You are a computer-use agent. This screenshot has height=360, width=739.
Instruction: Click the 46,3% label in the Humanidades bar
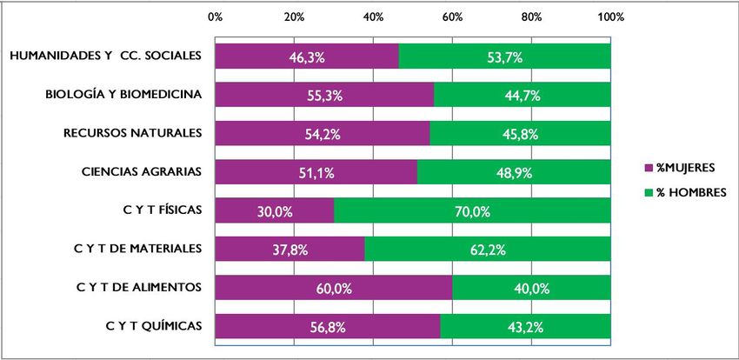point(306,57)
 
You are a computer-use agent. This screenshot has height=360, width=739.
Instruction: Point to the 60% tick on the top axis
point(452,17)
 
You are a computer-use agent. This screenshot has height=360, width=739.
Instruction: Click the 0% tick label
point(216,17)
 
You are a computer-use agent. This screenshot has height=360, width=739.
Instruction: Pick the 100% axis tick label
point(610,17)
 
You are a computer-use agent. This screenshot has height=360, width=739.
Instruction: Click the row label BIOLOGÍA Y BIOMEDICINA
point(124,94)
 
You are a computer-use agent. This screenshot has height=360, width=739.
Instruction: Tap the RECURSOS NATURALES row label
point(133,133)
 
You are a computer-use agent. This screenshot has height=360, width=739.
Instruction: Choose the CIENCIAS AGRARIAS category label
point(138,171)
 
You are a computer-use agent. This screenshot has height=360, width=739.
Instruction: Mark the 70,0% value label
point(472,211)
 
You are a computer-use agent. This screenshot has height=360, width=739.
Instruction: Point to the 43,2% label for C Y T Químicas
point(525,327)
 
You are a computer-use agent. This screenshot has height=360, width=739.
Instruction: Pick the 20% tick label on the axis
point(294,17)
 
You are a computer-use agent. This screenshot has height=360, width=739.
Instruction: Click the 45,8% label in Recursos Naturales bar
point(519,134)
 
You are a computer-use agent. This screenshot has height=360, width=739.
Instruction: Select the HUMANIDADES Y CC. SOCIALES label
point(105,56)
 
